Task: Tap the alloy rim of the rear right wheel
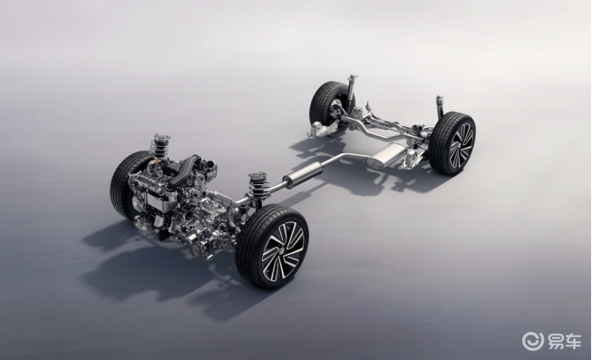(461, 145)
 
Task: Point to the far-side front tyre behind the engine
(123, 185)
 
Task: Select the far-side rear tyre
(326, 103)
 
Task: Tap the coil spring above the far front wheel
(159, 146)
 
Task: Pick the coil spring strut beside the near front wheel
(258, 187)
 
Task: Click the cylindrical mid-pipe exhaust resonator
(304, 175)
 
